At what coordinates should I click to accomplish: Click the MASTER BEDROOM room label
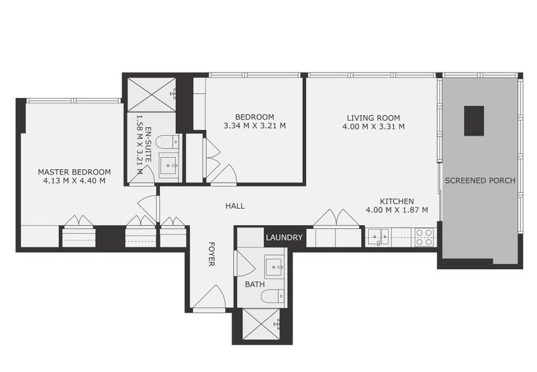coord(74,172)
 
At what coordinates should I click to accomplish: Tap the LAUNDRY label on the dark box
coord(285,238)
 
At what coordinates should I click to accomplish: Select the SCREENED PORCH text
coord(480,181)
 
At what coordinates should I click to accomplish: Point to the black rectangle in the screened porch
coord(474,121)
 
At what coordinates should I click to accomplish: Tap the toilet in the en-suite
coord(166,142)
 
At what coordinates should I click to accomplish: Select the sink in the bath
coord(274,267)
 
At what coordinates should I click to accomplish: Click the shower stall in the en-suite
coord(152,95)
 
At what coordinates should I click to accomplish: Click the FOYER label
coord(211,254)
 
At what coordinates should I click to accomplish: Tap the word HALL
coord(234,206)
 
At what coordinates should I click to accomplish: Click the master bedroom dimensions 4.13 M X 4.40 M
coord(74,181)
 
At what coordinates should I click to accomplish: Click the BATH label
coord(254,285)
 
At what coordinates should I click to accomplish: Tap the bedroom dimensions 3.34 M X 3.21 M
coord(254,126)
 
